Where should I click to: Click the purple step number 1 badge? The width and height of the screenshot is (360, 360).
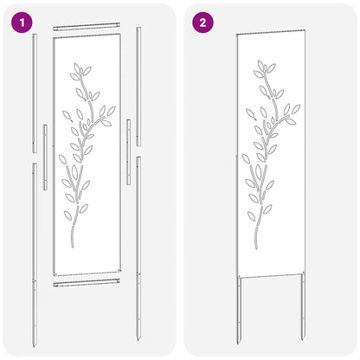pyautogui.click(x=18, y=22)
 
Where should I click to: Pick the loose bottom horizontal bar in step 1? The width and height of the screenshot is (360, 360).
pyautogui.click(x=90, y=283)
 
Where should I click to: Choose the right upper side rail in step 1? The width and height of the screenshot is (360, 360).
pyautogui.click(x=139, y=78)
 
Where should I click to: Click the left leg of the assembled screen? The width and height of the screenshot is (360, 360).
pyautogui.click(x=239, y=307)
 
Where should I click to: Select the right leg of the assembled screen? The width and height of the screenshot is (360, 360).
pyautogui.click(x=303, y=307)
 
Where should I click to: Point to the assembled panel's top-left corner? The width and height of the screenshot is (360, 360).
pyautogui.click(x=237, y=35)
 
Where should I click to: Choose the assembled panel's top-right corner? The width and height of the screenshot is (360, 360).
pyautogui.click(x=305, y=35)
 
